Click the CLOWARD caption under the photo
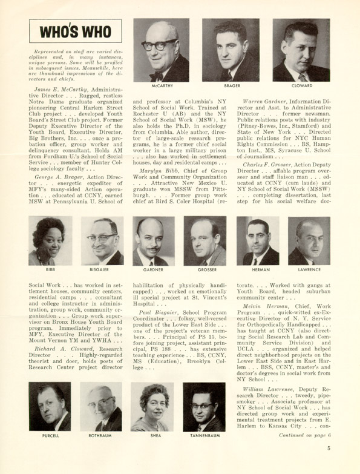(301, 87)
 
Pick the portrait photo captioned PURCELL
(50, 406)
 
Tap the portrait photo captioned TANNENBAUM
(205, 406)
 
